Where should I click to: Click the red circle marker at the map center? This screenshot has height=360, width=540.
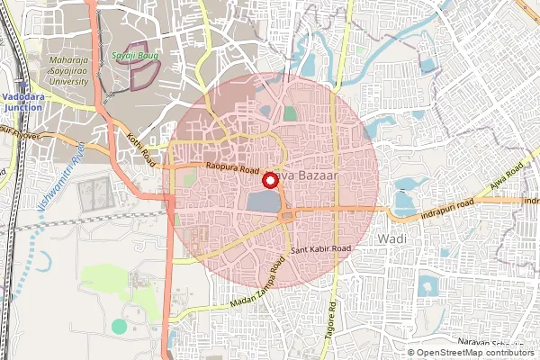pos(269,180)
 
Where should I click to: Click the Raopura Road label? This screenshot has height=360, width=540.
pos(231,169)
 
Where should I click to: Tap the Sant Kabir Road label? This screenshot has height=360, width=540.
pos(319,247)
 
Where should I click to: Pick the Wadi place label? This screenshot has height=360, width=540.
pos(394,238)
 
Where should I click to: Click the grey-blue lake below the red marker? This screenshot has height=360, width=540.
pos(263,202)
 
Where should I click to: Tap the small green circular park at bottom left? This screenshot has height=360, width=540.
pos(119,325)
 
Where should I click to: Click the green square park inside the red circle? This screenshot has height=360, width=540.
pos(290,113)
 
